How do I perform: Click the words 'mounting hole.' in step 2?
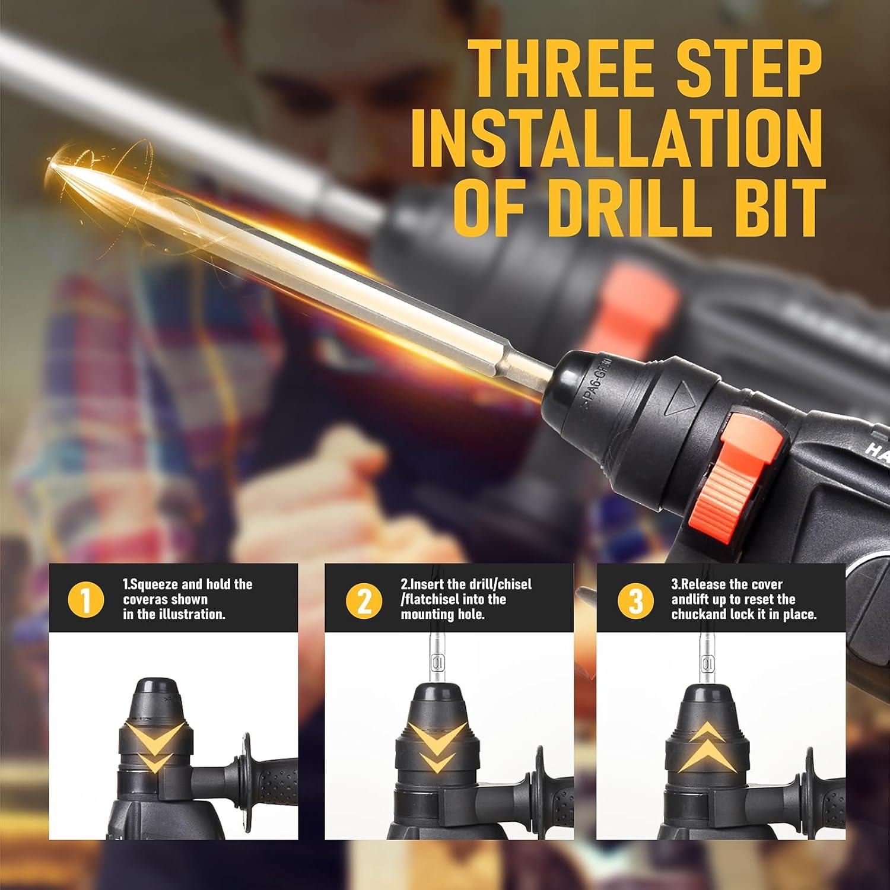pos(443,614)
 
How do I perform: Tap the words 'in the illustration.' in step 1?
pos(174,614)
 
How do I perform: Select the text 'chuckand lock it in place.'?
pos(743,614)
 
